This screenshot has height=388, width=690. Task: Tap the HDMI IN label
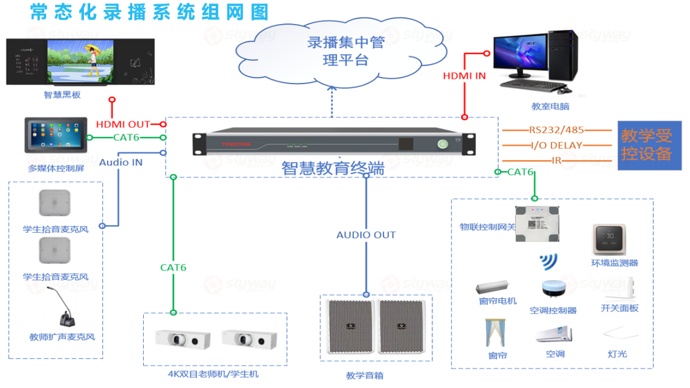coord(464,76)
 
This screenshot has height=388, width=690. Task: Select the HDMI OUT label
coord(122,124)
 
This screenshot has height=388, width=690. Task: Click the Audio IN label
coord(121,162)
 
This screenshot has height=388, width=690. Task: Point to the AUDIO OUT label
coord(366,235)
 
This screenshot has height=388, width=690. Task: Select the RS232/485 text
coord(555,130)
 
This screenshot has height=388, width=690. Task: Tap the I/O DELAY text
coord(556,146)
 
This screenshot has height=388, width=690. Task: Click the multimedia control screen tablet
coord(56,136)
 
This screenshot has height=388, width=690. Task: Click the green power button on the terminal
coord(443,144)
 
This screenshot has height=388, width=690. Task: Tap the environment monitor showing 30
coord(608,238)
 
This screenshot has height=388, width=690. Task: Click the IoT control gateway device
coord(536,222)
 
